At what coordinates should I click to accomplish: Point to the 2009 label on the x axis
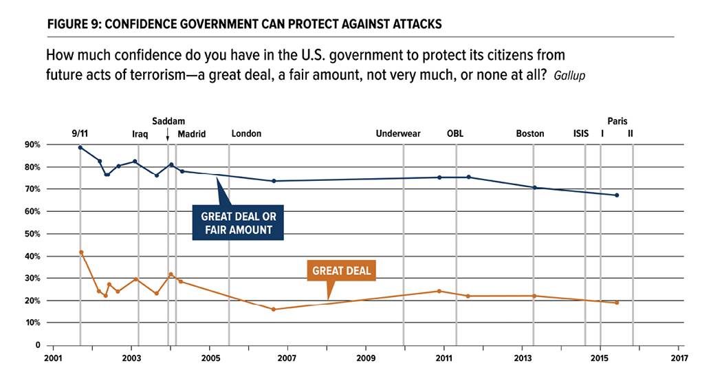366,358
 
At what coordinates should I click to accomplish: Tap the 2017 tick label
678,358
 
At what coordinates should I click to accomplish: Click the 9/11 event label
80,133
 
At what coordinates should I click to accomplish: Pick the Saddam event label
168,120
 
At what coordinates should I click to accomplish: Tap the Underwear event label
397,133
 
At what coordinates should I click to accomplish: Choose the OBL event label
455,133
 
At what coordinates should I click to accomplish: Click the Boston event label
530,133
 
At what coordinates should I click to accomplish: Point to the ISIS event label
581,133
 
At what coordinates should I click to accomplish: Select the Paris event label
617,120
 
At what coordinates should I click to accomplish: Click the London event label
246,133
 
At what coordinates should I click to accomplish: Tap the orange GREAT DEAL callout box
342,270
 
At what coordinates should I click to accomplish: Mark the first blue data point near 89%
80,147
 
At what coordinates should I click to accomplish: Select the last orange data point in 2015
617,303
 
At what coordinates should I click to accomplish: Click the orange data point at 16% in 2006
274,310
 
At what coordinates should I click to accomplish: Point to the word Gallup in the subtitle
570,74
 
